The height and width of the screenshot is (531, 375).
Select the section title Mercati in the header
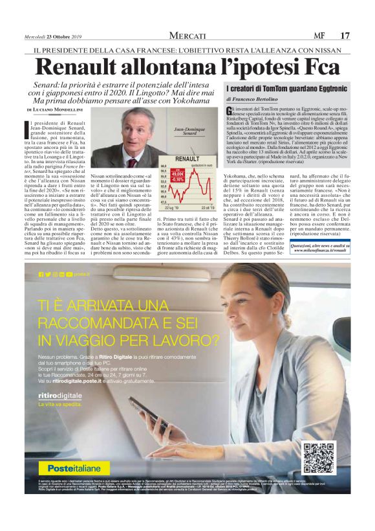click(x=187, y=35)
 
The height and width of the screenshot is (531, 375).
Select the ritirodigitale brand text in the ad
click(x=60, y=376)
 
